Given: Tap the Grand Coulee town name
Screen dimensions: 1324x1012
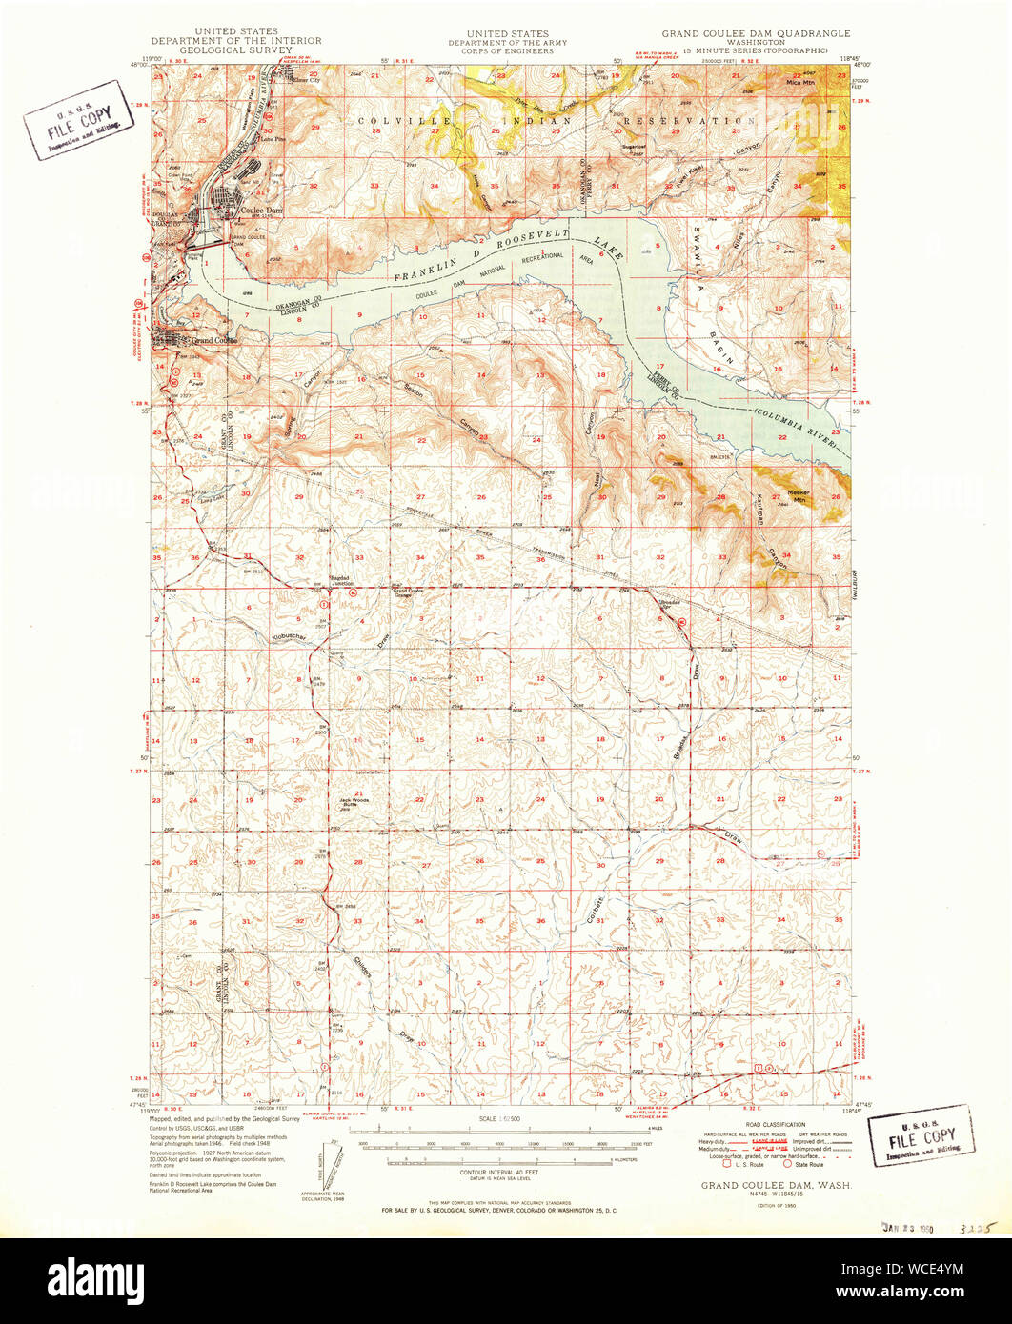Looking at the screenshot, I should coord(213,340).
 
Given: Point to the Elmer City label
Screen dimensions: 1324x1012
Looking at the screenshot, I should coord(307,80).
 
